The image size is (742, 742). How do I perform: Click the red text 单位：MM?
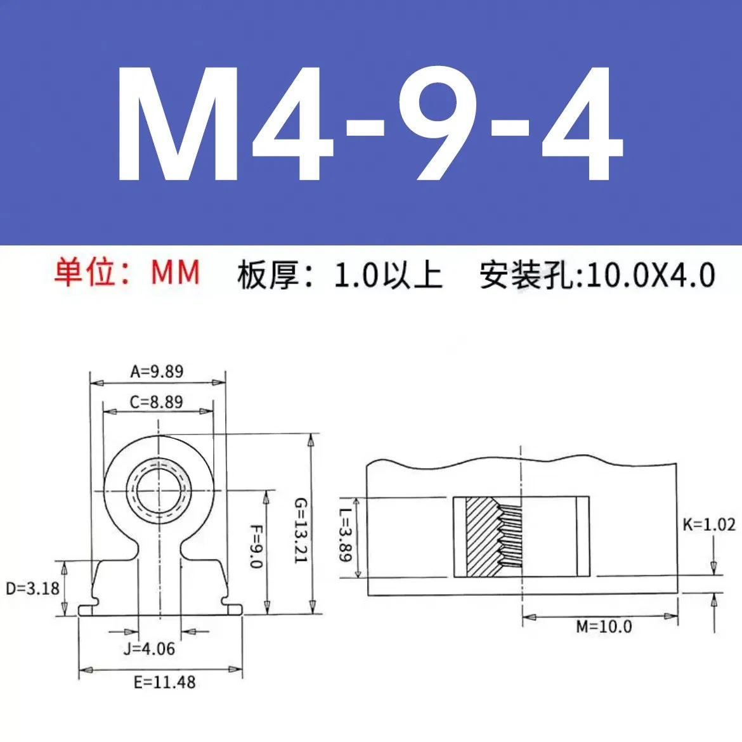pyautogui.click(x=127, y=273)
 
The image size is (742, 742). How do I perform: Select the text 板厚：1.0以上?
pyautogui.click(x=339, y=275)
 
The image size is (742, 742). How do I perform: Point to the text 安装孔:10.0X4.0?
pyautogui.click(x=597, y=275)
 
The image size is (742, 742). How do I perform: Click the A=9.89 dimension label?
pyautogui.click(x=157, y=371)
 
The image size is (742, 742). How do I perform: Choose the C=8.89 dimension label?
pyautogui.click(x=156, y=401)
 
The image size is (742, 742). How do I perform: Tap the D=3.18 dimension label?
pyautogui.click(x=32, y=588)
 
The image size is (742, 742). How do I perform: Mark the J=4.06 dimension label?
pyautogui.click(x=149, y=649)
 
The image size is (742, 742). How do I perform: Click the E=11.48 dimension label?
pyautogui.click(x=164, y=682)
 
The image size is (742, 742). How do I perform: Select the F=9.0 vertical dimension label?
pyautogui.click(x=256, y=546)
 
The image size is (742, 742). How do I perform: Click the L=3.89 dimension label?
pyautogui.click(x=344, y=536)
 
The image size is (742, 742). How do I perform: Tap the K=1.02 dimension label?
pyautogui.click(x=708, y=524)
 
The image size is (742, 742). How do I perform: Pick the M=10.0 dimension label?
pyautogui.click(x=604, y=627)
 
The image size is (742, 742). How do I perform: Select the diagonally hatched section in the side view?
pyautogui.click(x=482, y=537)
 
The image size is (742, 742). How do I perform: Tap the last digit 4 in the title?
pyautogui.click(x=580, y=124)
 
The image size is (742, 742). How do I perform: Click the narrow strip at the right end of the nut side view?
pyautogui.click(x=583, y=537)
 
